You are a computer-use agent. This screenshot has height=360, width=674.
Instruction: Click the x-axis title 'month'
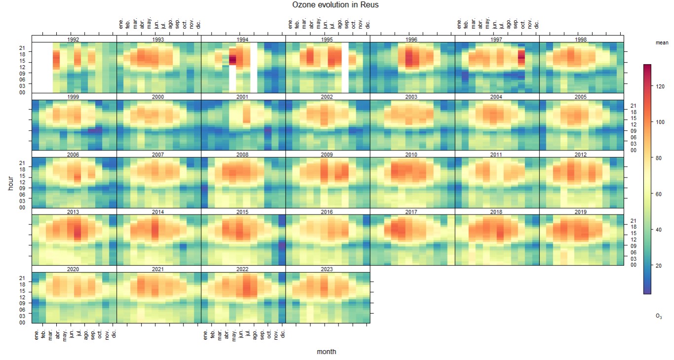point(327,352)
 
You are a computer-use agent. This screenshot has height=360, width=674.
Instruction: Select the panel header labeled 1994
point(243,39)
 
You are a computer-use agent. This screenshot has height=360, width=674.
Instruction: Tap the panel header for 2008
point(243,154)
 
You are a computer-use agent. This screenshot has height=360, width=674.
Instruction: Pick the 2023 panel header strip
point(327,269)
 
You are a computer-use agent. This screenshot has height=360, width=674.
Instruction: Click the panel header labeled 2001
point(243,97)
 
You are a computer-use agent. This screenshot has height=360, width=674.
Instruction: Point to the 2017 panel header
point(412,212)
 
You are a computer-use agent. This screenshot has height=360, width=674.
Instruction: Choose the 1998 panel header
point(581,39)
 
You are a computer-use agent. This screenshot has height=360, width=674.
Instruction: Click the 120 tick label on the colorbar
point(659,86)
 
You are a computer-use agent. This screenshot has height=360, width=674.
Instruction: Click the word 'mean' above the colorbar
point(662,43)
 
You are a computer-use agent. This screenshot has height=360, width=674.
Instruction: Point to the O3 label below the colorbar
point(659,316)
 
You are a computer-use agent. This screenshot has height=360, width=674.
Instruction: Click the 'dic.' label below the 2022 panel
point(283,334)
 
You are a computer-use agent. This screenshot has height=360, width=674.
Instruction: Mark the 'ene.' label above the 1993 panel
point(121,24)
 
